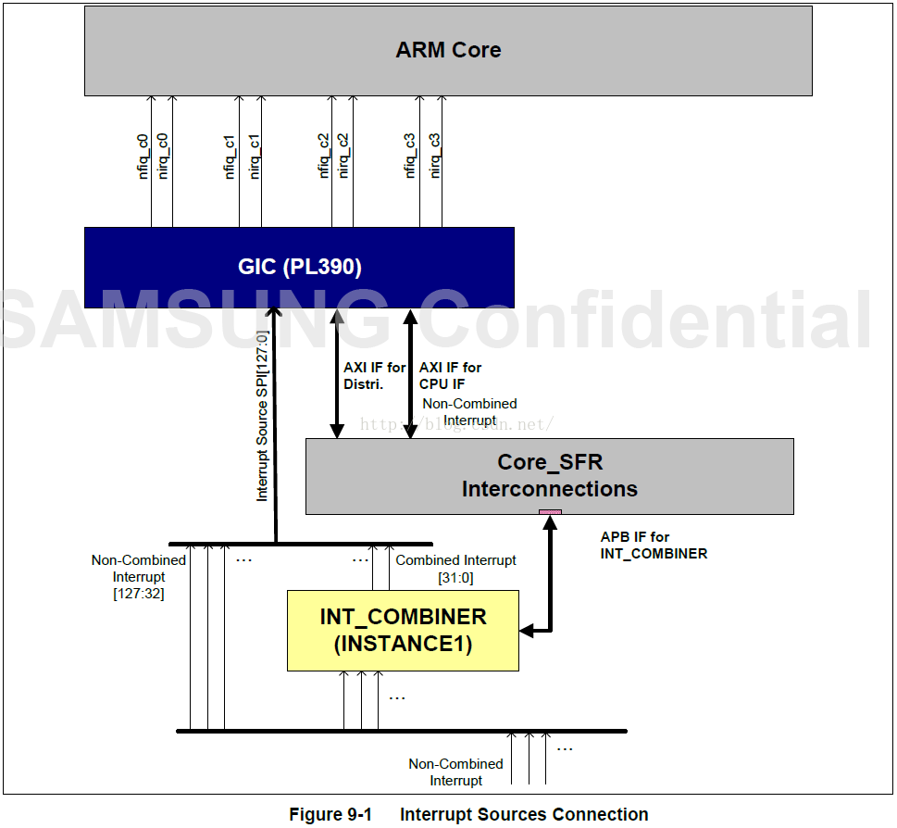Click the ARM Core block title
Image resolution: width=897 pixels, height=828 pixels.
(448, 50)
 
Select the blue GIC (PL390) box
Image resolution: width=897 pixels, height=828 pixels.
(299, 268)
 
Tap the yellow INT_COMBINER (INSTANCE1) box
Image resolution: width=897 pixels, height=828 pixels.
(403, 631)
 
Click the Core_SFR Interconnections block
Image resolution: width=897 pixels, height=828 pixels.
(549, 476)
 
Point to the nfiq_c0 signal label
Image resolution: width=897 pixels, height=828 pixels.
(143, 157)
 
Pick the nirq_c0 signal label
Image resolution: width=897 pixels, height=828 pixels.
(163, 157)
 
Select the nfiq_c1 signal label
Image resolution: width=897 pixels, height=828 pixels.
(230, 157)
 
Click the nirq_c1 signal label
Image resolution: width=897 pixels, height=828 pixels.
(254, 157)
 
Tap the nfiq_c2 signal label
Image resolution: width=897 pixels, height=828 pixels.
(323, 156)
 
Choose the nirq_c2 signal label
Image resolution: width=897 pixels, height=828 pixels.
(343, 156)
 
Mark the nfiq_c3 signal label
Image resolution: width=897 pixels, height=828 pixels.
(409, 156)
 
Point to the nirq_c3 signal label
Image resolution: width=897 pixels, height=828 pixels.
(435, 156)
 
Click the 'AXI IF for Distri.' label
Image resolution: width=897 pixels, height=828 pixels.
(374, 375)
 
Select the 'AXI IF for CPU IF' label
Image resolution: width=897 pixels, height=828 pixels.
(450, 375)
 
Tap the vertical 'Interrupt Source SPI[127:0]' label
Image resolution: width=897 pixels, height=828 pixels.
(262, 416)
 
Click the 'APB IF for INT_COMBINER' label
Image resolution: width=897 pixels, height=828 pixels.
(654, 546)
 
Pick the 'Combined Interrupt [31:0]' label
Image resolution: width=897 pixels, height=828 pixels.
(456, 569)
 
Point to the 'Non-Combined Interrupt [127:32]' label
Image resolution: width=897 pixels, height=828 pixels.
(139, 577)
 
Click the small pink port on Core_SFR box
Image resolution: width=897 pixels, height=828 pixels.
(551, 512)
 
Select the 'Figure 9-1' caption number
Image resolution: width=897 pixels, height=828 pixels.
(330, 814)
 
